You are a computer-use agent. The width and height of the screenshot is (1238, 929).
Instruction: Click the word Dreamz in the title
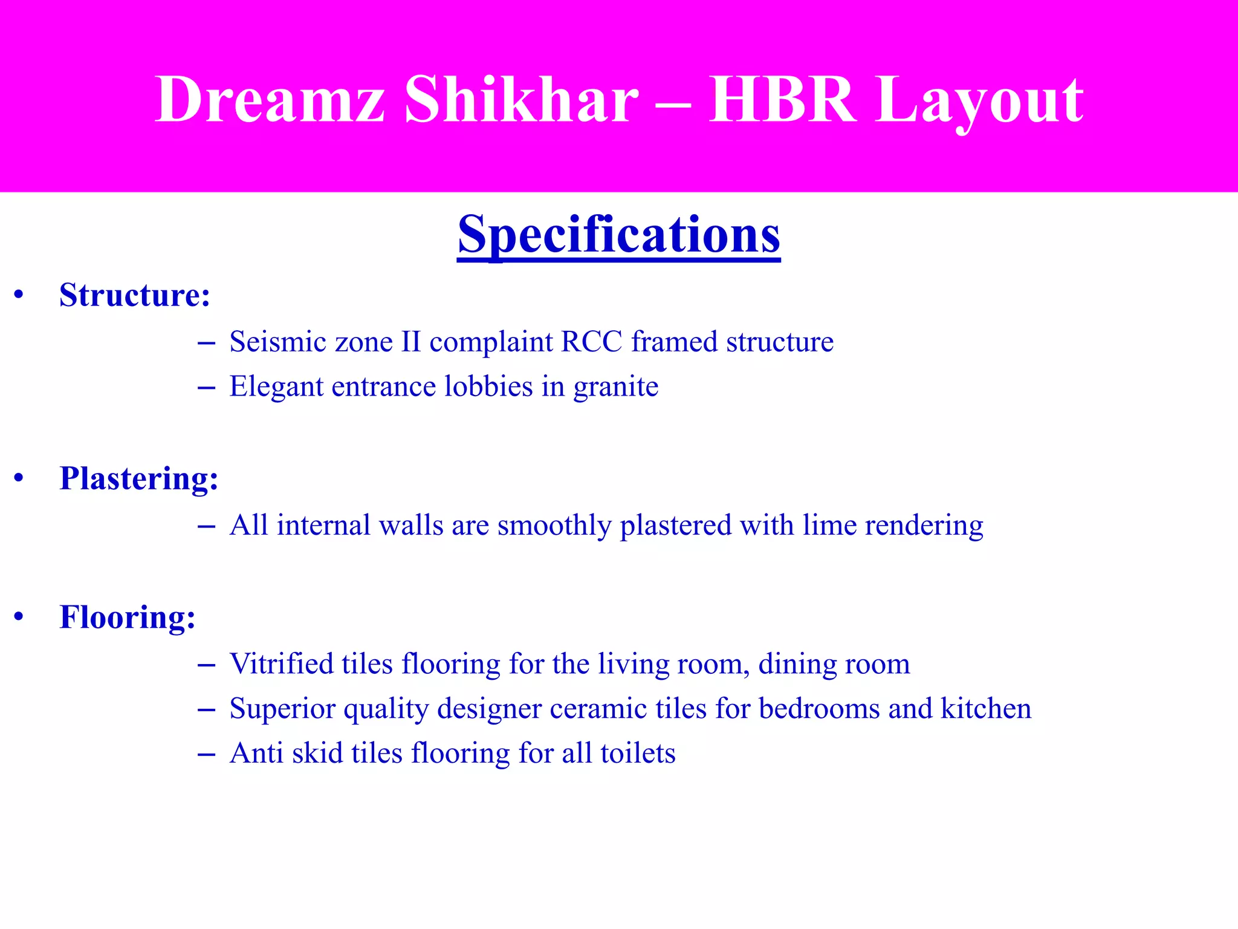coord(270,100)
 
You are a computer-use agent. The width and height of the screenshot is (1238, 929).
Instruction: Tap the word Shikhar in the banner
coord(521,100)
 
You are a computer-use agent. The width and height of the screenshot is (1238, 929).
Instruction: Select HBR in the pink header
coord(782,100)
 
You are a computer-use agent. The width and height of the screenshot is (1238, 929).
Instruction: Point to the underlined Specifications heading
coord(619,235)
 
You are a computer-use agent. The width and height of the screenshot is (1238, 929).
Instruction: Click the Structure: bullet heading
coord(134,295)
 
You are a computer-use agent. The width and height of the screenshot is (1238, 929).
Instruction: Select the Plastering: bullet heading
coord(138,478)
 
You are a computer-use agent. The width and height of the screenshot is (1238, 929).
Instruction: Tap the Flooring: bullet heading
coord(128,617)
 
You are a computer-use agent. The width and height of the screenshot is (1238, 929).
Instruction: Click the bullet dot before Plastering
coord(19,478)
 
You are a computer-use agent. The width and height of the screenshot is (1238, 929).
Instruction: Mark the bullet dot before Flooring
coord(19,617)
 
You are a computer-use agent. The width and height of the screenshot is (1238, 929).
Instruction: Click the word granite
coord(615,387)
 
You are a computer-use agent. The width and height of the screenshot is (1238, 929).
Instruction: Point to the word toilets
coord(638,754)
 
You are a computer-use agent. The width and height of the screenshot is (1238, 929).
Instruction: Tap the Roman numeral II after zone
coord(411,342)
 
